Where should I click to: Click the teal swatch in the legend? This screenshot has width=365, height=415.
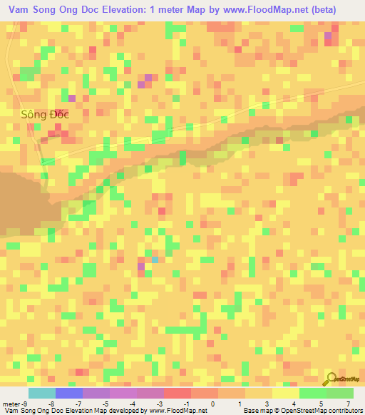(41, 393)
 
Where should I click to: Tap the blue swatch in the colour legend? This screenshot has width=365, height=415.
(68, 393)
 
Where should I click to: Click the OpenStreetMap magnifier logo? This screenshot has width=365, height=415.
(330, 379)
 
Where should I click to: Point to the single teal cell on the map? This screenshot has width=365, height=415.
(155, 259)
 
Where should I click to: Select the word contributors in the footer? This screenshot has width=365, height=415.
(344, 410)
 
